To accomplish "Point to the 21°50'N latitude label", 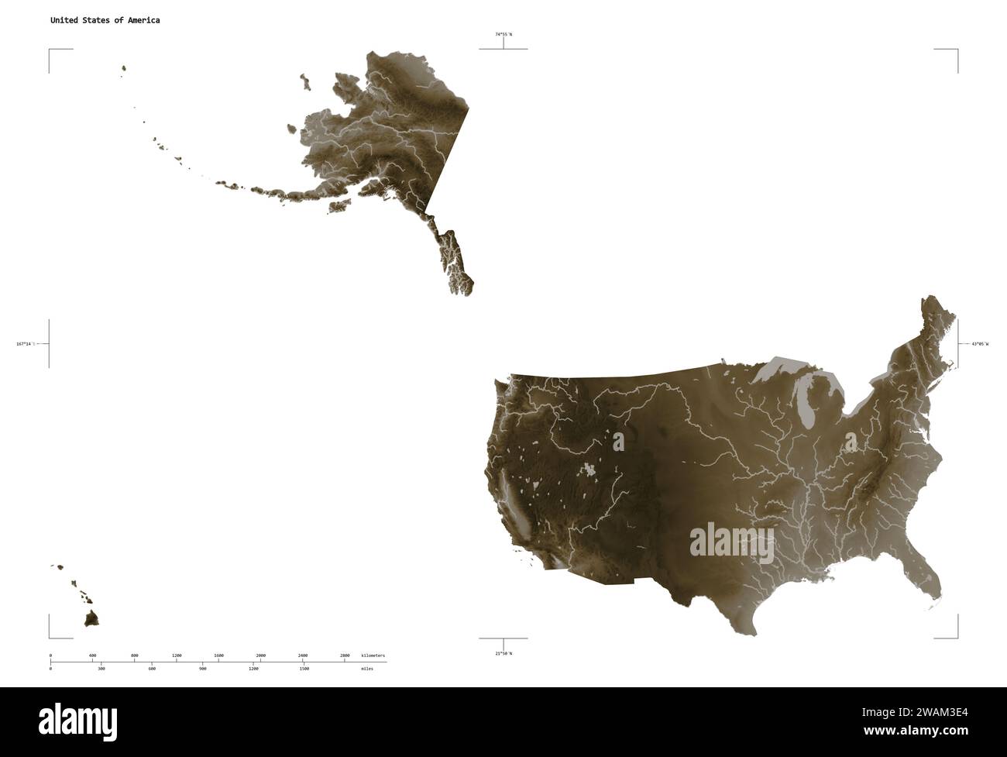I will click(503, 653).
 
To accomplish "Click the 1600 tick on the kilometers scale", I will click(218, 655).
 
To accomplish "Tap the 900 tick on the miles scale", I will click(203, 668).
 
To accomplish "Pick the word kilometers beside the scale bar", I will click(373, 655).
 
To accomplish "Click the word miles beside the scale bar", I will click(366, 668).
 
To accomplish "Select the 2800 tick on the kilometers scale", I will click(345, 655).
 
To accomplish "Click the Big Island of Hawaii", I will click(92, 618).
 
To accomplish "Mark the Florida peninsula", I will click(926, 577).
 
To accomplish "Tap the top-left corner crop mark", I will click(50, 50).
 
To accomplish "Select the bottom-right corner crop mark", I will click(957, 637).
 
